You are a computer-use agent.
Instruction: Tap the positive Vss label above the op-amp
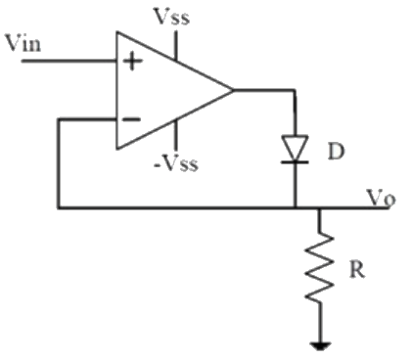pyautogui.click(x=175, y=17)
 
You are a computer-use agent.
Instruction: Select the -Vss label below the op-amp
pyautogui.click(x=176, y=163)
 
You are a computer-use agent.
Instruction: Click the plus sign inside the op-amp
pyautogui.click(x=130, y=61)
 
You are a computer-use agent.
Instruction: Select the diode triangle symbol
pyautogui.click(x=295, y=146)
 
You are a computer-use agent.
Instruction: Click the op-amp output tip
pyautogui.click(x=233, y=90)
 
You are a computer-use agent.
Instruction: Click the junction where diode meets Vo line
pyautogui.click(x=295, y=207)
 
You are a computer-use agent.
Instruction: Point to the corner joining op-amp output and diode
pyautogui.click(x=295, y=90)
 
